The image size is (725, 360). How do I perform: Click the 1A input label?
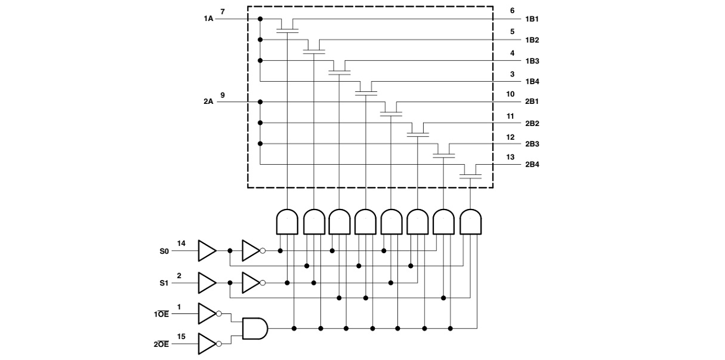[208, 19]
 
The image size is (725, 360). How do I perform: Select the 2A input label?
[208, 101]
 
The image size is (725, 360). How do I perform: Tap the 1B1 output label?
[532, 19]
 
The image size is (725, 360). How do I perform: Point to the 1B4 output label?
[532, 82]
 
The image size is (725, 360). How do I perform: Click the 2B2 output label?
[532, 124]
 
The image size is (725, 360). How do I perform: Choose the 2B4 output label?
[532, 164]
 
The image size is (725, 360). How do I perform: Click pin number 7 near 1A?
[223, 12]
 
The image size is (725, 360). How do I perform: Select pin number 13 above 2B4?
[510, 157]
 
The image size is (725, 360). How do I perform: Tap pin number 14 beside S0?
[181, 244]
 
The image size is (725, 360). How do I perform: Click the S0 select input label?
[164, 251]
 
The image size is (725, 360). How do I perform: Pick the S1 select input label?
[164, 283]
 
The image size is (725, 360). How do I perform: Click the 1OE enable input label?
[161, 314]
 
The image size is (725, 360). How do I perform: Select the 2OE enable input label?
[161, 344]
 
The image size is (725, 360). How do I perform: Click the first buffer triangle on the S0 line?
[207, 251]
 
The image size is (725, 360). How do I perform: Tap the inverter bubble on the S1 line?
[263, 283]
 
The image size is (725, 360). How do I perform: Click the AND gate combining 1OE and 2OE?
[255, 328]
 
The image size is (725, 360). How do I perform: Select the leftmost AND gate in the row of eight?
[287, 221]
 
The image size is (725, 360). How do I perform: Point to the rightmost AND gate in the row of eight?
[471, 221]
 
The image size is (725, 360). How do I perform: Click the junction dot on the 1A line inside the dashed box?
[260, 19]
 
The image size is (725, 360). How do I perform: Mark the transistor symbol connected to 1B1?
[287, 26]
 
